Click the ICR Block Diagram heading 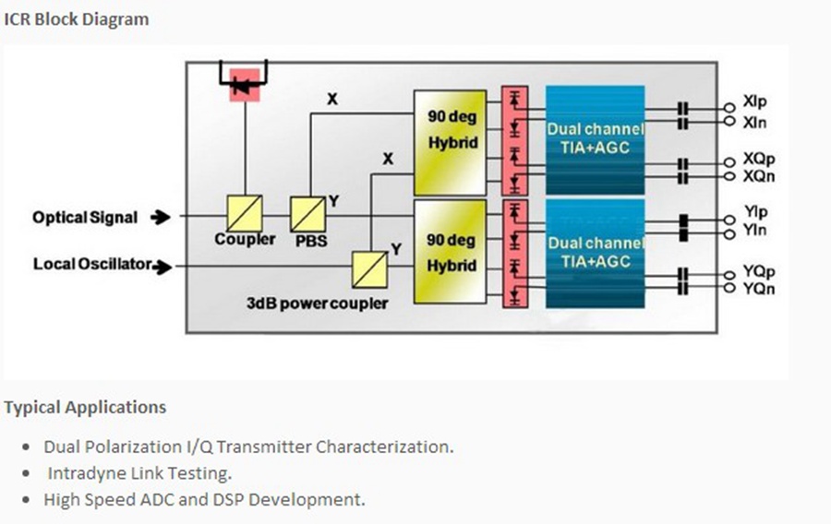[x=77, y=19]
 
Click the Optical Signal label [x=85, y=218]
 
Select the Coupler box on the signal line [x=245, y=213]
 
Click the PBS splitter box [x=307, y=214]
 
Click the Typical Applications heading [x=85, y=407]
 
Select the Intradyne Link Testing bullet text [x=139, y=473]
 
